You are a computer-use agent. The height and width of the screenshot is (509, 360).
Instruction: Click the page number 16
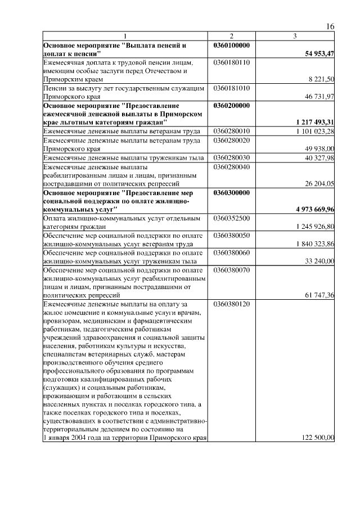pyautogui.click(x=331, y=27)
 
